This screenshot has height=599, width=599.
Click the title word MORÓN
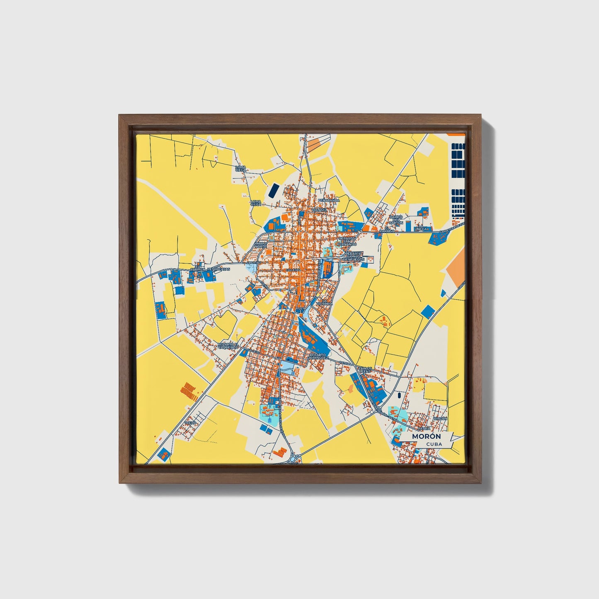coord(427,436)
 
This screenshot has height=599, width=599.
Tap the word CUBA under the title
coord(434,444)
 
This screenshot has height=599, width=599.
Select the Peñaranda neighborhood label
coord(329,200)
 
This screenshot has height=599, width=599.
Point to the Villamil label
coord(319,210)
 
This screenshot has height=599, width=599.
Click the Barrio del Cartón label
coord(396,220)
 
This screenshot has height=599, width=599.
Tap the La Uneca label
coord(421,227)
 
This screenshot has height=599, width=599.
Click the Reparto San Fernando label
coord(347,242)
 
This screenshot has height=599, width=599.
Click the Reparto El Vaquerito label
coord(228,345)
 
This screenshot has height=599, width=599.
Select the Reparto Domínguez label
coord(318,356)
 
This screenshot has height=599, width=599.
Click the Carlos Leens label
coord(365,370)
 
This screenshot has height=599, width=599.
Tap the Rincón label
coord(440,419)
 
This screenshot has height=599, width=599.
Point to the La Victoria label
coord(325,302)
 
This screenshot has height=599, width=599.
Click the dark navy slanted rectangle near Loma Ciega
coord(274,191)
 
